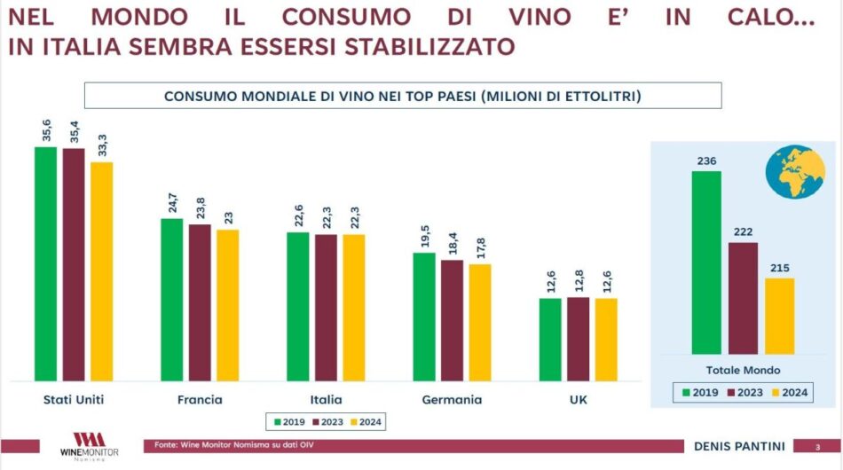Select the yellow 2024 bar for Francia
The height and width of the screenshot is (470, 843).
pyautogui.click(x=228, y=305)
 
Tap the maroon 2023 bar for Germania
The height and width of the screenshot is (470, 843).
pyautogui.click(x=452, y=320)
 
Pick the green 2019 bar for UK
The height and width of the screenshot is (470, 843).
pyautogui.click(x=550, y=340)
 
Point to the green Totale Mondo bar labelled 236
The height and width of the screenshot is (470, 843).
pyautogui.click(x=706, y=262)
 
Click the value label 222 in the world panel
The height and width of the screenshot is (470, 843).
pyautogui.click(x=744, y=233)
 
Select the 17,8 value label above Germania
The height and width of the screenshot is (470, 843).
pyautogui.click(x=479, y=244)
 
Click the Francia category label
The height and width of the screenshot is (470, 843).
pyautogui.click(x=200, y=400)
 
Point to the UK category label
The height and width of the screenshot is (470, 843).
pyautogui.click(x=578, y=400)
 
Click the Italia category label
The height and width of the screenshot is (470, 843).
pyautogui.click(x=326, y=400)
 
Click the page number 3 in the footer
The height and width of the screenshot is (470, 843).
pyautogui.click(x=817, y=445)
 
